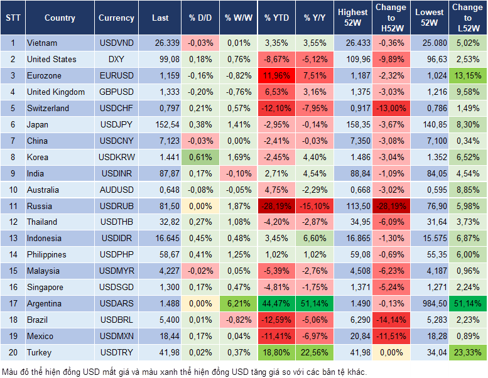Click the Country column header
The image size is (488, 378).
point(60,18)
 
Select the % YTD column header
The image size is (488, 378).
point(276,18)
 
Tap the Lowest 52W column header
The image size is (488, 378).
point(430,18)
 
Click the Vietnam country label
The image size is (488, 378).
point(42,43)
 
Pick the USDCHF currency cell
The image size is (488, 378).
point(116,109)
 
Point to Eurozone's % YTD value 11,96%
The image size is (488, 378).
point(276,76)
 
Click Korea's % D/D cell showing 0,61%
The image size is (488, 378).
point(200,157)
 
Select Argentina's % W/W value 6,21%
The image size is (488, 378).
point(238,304)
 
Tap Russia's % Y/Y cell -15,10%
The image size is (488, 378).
point(315,206)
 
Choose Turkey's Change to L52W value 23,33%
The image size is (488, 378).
point(467,353)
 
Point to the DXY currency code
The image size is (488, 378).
point(116,60)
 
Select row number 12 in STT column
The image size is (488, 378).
point(12,222)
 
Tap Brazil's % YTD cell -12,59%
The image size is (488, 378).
point(276,320)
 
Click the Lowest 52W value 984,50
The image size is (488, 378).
point(430,304)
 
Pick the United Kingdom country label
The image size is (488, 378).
point(55,92)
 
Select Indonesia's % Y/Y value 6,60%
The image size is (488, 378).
point(315,239)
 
